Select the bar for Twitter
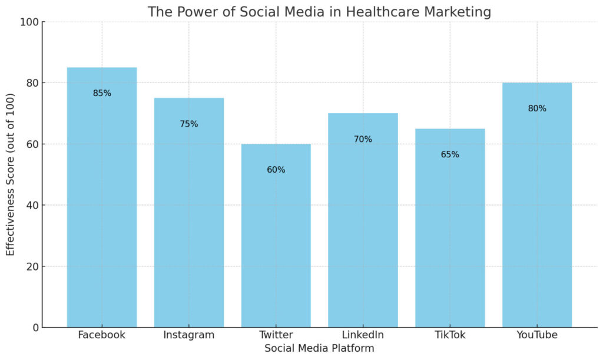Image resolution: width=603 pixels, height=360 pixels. pos(276,236)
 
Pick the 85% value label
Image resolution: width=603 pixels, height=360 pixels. pos(102,93)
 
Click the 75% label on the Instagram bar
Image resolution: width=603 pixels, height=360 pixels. pos(189,124)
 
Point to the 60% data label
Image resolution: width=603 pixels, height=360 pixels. pos(276,170)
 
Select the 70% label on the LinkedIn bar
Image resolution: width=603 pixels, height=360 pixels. pos(363,139)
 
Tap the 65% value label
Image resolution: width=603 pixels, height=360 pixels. pos(450,154)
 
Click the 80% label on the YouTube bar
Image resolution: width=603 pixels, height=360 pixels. pos(536,108)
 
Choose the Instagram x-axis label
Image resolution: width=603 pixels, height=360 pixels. pos(189,335)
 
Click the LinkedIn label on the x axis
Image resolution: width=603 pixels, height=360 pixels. pos(363,335)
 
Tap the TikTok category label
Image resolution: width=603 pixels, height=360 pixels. pos(450,335)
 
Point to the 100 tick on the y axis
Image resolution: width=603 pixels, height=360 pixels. pos(30,22)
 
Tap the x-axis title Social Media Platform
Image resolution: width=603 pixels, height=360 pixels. pos(319,348)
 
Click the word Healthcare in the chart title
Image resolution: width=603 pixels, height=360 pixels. pos(389,12)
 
